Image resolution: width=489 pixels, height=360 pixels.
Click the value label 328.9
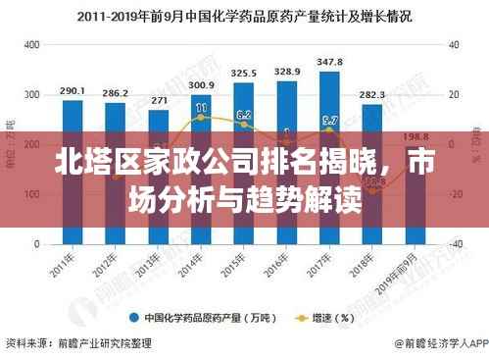[x=287, y=72]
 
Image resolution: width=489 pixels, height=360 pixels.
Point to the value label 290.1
[x=72, y=90]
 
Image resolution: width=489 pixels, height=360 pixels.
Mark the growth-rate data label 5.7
[x=330, y=121]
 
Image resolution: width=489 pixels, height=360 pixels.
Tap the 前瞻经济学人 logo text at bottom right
[x=446, y=345]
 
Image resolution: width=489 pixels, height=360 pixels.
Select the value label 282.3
[x=372, y=95]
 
